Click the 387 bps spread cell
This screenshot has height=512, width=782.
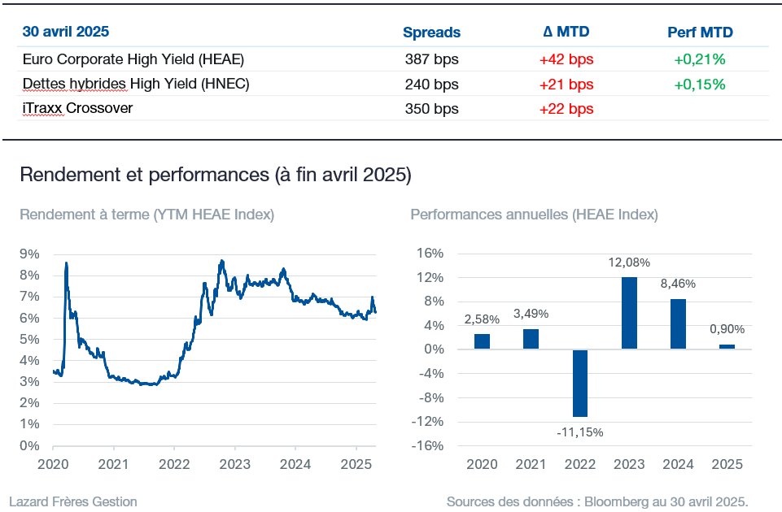point(431,59)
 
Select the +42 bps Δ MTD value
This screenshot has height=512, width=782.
point(566,59)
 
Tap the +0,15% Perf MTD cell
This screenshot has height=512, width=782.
point(700,85)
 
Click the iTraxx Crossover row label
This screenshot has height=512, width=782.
point(78,108)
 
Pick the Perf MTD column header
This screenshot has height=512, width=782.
point(700,33)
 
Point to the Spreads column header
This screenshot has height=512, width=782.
point(431,33)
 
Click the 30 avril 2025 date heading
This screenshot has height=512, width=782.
point(66,32)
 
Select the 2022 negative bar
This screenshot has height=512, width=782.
point(580,383)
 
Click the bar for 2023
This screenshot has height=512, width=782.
point(629,313)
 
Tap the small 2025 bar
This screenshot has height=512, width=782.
point(727,347)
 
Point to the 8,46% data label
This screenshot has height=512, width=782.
point(679,284)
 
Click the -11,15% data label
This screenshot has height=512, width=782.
point(580,432)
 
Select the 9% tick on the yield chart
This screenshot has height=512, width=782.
point(29,254)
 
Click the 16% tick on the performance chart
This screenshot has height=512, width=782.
point(430,253)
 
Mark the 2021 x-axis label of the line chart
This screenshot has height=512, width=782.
point(114,464)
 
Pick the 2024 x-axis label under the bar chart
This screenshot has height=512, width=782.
point(679,464)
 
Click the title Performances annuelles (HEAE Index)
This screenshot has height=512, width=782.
point(534,215)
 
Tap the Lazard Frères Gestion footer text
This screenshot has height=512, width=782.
point(73,501)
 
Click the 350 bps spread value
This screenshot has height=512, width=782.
point(431,109)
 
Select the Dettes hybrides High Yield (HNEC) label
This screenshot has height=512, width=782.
point(136,84)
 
